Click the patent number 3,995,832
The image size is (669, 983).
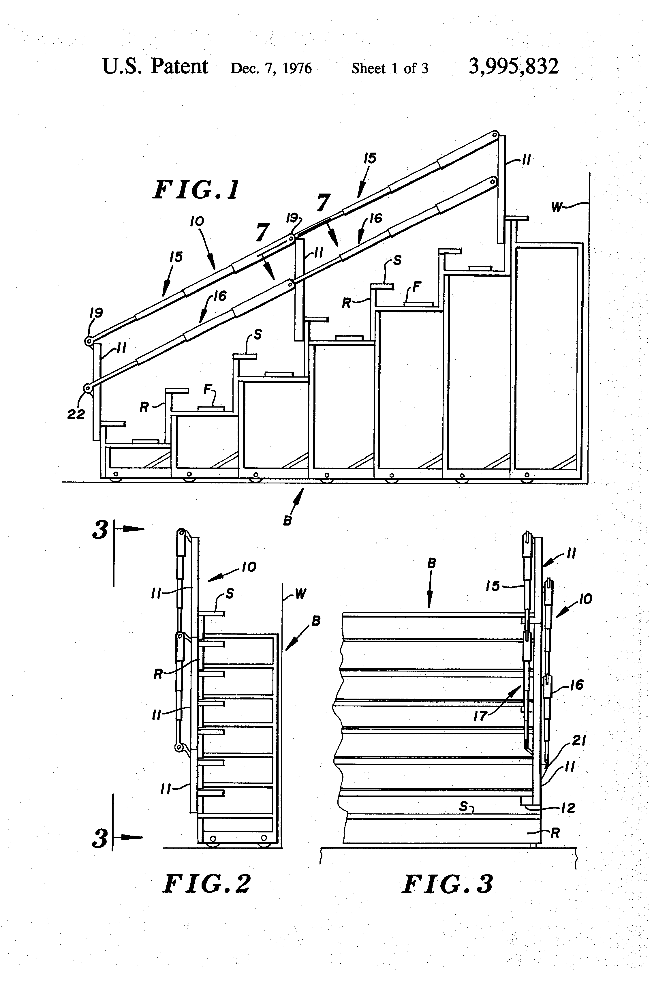513,67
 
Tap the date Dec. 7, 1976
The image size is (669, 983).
271,68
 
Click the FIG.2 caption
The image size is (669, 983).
207,884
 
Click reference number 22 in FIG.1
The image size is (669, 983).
76,414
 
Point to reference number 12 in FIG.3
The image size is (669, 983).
568,808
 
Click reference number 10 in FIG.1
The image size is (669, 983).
197,221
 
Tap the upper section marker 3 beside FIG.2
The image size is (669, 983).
100,530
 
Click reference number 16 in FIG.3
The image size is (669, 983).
577,684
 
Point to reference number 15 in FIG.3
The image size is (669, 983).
493,586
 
